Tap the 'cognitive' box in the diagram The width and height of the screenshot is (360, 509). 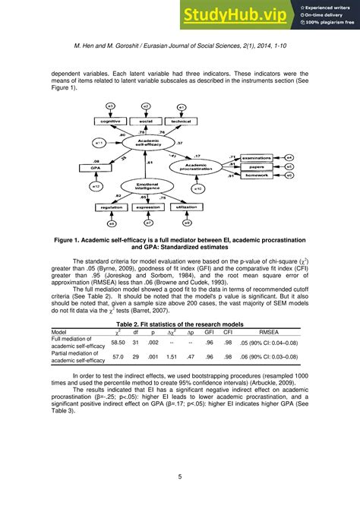click(111, 122)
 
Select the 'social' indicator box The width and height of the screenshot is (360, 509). click(146, 122)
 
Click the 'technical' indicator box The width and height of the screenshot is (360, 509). click(181, 122)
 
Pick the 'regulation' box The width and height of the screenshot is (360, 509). click(112, 206)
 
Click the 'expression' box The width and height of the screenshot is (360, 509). click(147, 206)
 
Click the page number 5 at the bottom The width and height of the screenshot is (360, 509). click(180, 476)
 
